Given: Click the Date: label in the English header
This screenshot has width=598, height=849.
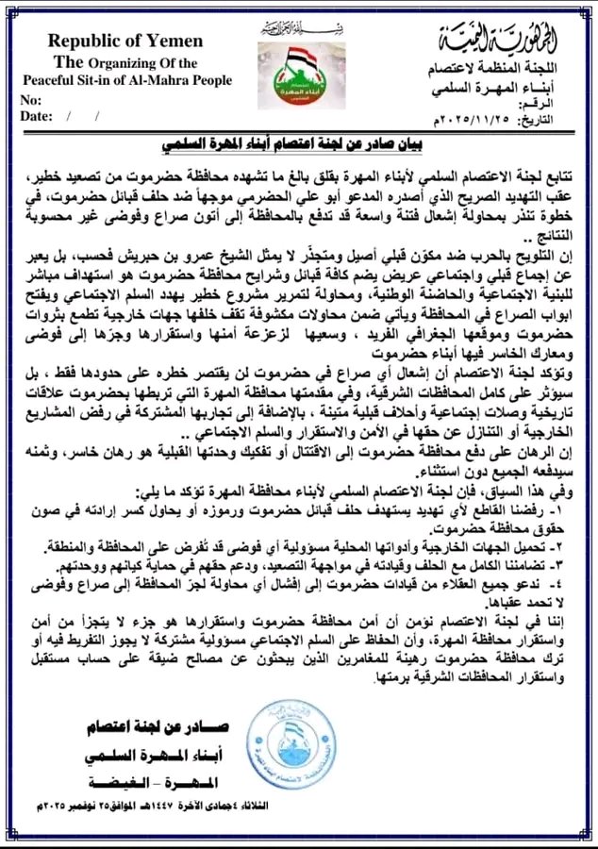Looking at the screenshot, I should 37,116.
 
